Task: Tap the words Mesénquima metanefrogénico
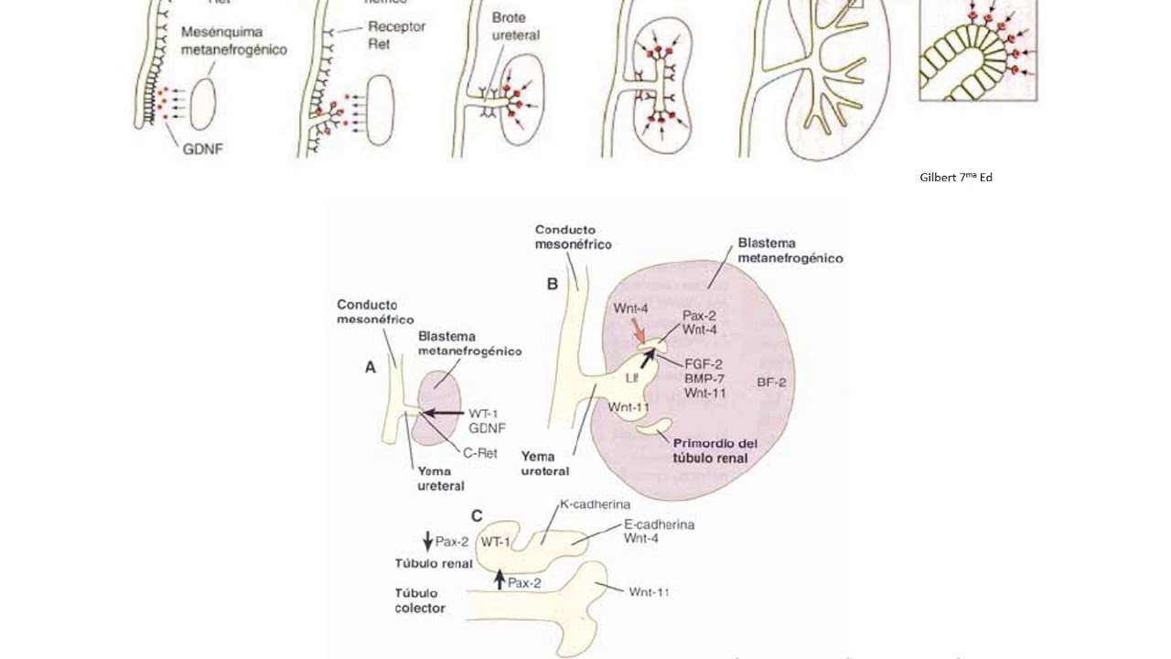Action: click(233, 41)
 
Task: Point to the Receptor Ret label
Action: click(396, 35)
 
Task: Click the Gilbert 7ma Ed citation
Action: click(955, 177)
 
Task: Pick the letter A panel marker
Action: click(371, 367)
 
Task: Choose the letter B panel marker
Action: click(553, 285)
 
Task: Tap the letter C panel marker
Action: click(476, 517)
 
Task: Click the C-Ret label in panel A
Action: click(479, 452)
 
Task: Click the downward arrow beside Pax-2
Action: click(428, 541)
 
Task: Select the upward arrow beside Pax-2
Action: click(500, 579)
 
